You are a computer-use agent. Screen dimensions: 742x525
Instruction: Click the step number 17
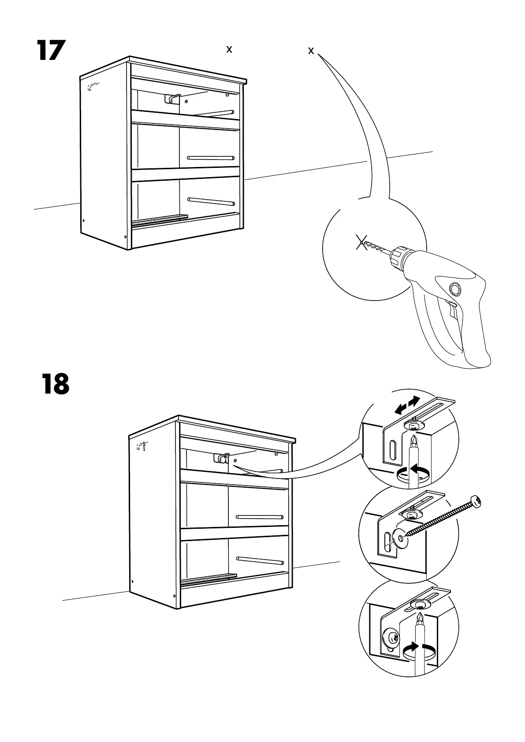51,51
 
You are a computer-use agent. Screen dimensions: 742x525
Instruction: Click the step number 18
56,384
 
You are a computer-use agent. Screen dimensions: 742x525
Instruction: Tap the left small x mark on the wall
229,50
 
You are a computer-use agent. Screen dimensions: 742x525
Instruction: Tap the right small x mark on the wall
311,51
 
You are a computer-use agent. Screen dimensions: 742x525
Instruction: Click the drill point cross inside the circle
361,242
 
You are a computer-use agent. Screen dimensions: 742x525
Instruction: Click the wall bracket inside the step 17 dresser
173,98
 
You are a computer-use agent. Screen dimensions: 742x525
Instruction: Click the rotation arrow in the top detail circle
413,472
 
